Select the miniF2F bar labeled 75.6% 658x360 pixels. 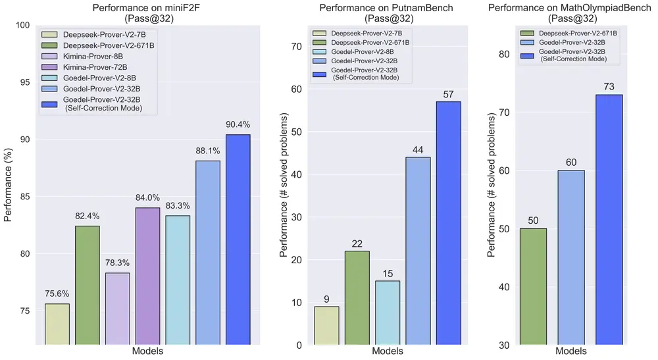point(57,324)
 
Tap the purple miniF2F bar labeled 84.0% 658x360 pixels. point(147,276)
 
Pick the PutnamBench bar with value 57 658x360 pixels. point(448,223)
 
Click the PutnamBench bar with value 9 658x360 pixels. point(326,325)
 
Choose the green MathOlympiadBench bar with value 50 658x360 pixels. point(533,286)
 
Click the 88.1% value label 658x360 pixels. point(207,151)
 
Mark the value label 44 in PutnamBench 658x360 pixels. point(417,150)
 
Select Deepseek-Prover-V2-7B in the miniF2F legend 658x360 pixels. point(95,34)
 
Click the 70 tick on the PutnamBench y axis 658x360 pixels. point(296,46)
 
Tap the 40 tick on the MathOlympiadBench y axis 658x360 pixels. point(505,287)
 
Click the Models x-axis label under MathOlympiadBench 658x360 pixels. point(571,351)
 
